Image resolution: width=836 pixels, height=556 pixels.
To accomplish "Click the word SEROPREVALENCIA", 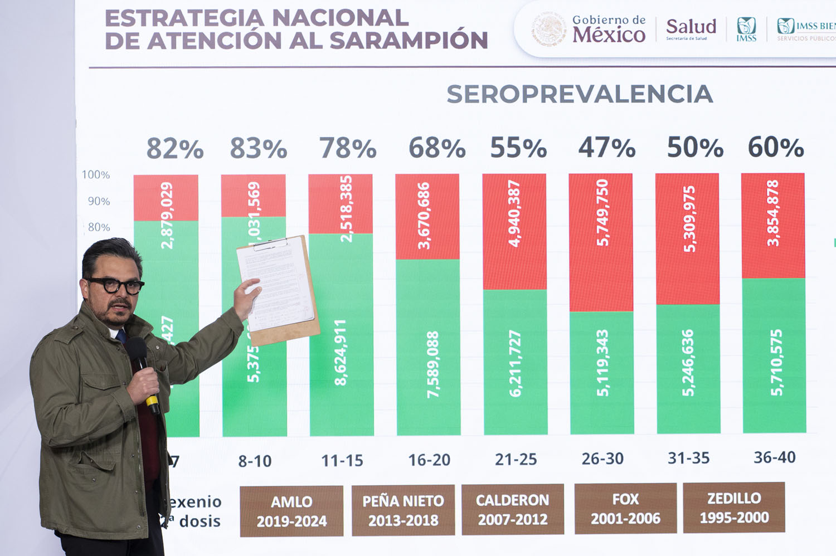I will tap(580, 95).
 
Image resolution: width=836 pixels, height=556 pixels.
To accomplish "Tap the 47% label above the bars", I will tap(606, 148).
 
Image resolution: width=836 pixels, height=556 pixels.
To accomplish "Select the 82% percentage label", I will tap(174, 149).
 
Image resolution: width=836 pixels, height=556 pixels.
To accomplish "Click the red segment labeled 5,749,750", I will tap(601, 242).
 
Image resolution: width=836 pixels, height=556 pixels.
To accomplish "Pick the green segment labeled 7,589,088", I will tap(428, 347).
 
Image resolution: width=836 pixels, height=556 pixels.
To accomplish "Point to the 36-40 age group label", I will tap(774, 457).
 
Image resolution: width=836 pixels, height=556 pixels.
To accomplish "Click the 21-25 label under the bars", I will tap(516, 460).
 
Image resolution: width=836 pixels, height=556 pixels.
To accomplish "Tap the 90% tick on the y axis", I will tap(99, 201).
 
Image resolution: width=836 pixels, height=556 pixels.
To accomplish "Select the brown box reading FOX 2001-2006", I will tap(625, 508).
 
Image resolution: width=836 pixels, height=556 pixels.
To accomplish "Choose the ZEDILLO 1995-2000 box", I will tap(733, 508).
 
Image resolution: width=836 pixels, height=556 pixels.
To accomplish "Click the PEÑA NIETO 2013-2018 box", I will tap(403, 510).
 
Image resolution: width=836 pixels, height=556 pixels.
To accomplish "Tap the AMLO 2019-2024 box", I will tap(291, 511).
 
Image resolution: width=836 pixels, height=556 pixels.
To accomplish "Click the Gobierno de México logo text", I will tap(608, 29).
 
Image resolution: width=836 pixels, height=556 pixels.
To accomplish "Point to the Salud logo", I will tap(691, 28).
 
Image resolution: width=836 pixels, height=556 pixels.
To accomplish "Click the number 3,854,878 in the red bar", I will tap(772, 213).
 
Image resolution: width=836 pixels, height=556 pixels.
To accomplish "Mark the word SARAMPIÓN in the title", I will tap(409, 41).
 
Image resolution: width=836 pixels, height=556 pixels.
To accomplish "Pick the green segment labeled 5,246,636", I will tap(688, 368).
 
